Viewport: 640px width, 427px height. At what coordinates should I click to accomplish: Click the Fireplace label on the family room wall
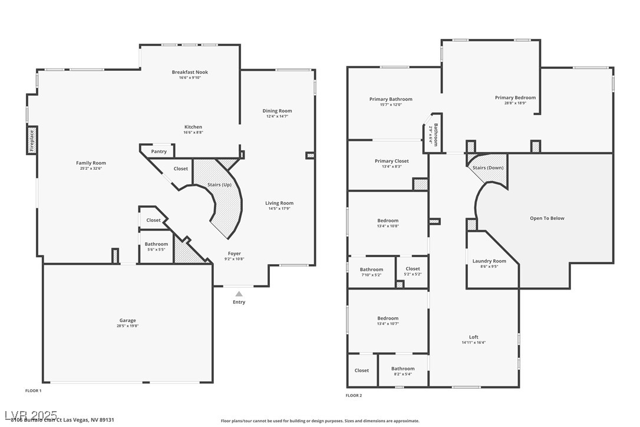pyautogui.click(x=32, y=140)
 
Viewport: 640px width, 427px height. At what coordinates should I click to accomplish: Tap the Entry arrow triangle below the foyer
pyautogui.click(x=239, y=293)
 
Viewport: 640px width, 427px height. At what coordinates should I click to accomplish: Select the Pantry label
pyautogui.click(x=159, y=152)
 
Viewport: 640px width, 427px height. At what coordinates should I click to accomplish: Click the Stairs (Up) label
pyautogui.click(x=219, y=185)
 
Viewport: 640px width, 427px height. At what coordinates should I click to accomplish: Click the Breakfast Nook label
pyautogui.click(x=190, y=72)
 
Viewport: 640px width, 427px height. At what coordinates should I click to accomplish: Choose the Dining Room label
pyautogui.click(x=277, y=111)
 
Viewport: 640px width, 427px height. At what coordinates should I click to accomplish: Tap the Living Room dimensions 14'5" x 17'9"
pyautogui.click(x=279, y=208)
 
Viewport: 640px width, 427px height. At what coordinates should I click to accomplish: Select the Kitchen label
pyautogui.click(x=193, y=127)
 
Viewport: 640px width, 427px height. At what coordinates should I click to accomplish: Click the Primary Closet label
pyautogui.click(x=391, y=161)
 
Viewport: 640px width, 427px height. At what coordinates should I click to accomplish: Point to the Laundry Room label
pyautogui.click(x=489, y=261)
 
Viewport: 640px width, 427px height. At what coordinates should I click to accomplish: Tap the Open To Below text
pyautogui.click(x=547, y=218)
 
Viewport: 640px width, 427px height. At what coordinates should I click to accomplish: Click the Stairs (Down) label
pyautogui.click(x=488, y=167)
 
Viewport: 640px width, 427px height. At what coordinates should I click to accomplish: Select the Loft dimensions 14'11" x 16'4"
pyautogui.click(x=474, y=343)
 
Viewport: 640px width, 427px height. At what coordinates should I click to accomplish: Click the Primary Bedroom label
pyautogui.click(x=515, y=97)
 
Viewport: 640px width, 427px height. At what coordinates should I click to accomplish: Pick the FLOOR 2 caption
pyautogui.click(x=354, y=395)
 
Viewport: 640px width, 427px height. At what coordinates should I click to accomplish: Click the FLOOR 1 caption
pyautogui.click(x=33, y=390)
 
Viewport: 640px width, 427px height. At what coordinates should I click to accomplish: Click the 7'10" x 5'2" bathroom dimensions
pyautogui.click(x=371, y=275)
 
